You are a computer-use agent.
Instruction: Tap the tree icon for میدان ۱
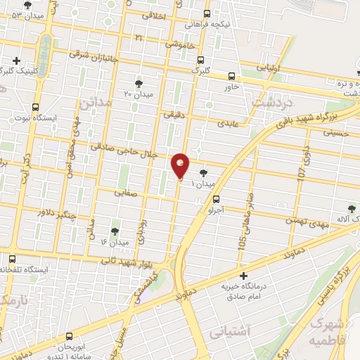pos(203,172)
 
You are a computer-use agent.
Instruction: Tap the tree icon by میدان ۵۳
pos(27,4)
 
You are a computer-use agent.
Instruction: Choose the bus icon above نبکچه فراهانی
pos(207,13)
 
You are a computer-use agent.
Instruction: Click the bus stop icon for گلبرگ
pos(201,60)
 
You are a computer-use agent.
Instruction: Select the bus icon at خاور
pos(232,76)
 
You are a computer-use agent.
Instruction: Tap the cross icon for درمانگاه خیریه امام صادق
pos(244,276)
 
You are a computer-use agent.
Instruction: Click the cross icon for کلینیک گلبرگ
pos(15,60)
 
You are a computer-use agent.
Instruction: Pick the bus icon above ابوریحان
pos(69,337)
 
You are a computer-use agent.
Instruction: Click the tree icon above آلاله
pos(352,208)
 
